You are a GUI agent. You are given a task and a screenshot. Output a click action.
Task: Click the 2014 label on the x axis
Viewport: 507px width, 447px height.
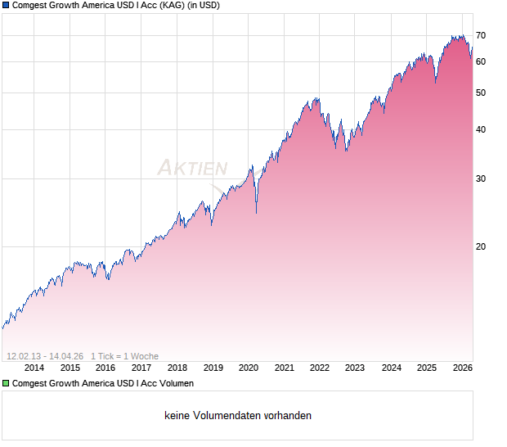(34, 368)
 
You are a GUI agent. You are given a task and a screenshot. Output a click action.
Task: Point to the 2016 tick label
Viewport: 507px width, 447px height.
(105, 368)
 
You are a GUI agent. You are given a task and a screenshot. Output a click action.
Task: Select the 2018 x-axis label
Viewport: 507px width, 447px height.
(177, 368)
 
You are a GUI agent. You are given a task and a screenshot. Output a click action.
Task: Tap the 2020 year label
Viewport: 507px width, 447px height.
(249, 368)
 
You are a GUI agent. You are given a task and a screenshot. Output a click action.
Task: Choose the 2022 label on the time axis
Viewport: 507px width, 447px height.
(320, 368)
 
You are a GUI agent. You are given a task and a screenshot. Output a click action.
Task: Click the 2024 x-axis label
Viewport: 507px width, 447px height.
(392, 368)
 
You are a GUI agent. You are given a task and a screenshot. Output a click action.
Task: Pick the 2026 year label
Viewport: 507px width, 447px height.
(462, 368)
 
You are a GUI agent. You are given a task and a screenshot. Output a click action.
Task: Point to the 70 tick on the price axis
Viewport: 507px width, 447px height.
(481, 35)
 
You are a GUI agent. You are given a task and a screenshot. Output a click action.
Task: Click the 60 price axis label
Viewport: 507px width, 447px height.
(481, 61)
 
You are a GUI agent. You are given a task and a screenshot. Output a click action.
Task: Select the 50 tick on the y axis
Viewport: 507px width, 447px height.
(481, 93)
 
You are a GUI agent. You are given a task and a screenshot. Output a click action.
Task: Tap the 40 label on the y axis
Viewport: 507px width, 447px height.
(481, 129)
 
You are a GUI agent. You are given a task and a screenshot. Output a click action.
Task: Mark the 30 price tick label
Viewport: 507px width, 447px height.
(481, 178)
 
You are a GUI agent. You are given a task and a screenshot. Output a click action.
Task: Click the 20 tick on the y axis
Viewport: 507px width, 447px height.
(481, 246)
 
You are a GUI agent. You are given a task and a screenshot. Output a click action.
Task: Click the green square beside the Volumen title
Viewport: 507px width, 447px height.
(5, 383)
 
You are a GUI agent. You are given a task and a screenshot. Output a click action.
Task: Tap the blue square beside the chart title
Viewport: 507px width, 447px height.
(5, 5)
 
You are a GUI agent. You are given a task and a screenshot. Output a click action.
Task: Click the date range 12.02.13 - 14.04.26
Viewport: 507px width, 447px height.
(44, 356)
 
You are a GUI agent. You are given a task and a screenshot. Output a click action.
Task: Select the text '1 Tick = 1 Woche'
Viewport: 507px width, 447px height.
(124, 356)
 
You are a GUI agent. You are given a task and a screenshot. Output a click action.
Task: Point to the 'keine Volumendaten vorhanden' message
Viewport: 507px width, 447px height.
(238, 416)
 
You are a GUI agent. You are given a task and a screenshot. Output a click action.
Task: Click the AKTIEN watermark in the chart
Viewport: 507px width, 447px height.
(192, 169)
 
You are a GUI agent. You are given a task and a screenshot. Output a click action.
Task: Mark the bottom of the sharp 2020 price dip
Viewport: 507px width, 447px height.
(256, 213)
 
